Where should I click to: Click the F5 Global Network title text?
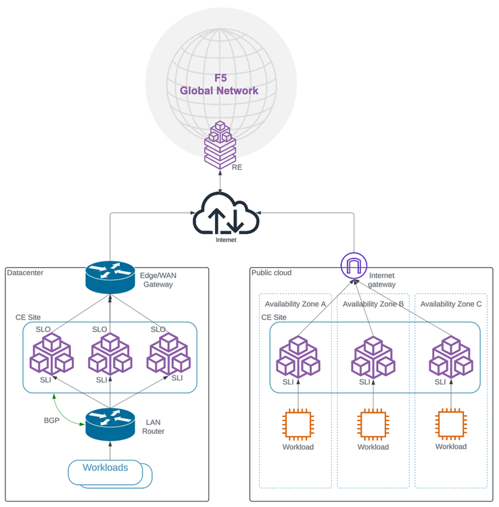pos(218,84)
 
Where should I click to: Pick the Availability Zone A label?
pos(295,304)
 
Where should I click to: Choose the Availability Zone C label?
pos(451,304)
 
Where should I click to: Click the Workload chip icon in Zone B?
pos(373,425)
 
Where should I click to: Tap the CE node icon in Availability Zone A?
pos(298,357)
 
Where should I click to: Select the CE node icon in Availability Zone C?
pos(450,357)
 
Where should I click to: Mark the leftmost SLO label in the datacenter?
pos(43,329)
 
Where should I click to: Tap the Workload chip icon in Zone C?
pos(450,425)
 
